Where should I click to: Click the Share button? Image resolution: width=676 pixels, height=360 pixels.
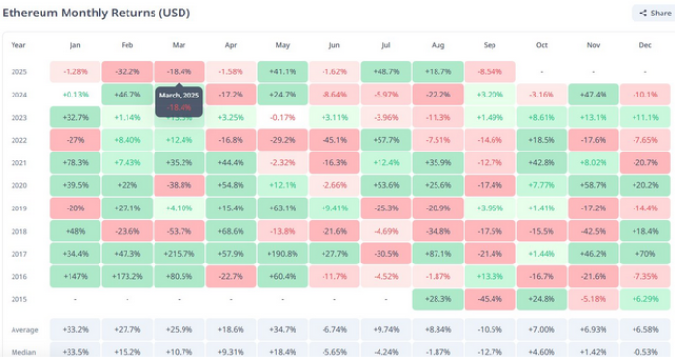pyautogui.click(x=651, y=14)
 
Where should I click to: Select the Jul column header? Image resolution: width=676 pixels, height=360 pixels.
pyautogui.click(x=386, y=45)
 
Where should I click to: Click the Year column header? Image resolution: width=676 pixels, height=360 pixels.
pyautogui.click(x=19, y=45)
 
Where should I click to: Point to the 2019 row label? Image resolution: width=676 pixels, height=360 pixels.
pyautogui.click(x=19, y=208)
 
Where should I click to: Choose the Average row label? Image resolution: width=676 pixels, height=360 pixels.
pyautogui.click(x=24, y=329)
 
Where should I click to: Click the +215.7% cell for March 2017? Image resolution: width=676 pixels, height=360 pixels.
pyautogui.click(x=179, y=254)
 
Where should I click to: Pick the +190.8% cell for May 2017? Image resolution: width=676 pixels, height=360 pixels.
pyautogui.click(x=282, y=254)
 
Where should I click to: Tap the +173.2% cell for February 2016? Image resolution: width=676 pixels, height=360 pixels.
pyautogui.click(x=127, y=277)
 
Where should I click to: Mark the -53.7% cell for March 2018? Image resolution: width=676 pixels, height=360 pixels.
pyautogui.click(x=179, y=231)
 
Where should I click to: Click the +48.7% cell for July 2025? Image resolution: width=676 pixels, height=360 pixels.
pyautogui.click(x=386, y=72)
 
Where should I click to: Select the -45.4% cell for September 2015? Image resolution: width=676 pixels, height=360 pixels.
pyautogui.click(x=490, y=300)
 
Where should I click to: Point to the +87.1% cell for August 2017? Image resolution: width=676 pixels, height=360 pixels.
pyautogui.click(x=437, y=254)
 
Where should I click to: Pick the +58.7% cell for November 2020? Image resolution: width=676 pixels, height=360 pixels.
pyautogui.click(x=593, y=184)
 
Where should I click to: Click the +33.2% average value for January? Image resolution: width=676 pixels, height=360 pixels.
pyautogui.click(x=75, y=329)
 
